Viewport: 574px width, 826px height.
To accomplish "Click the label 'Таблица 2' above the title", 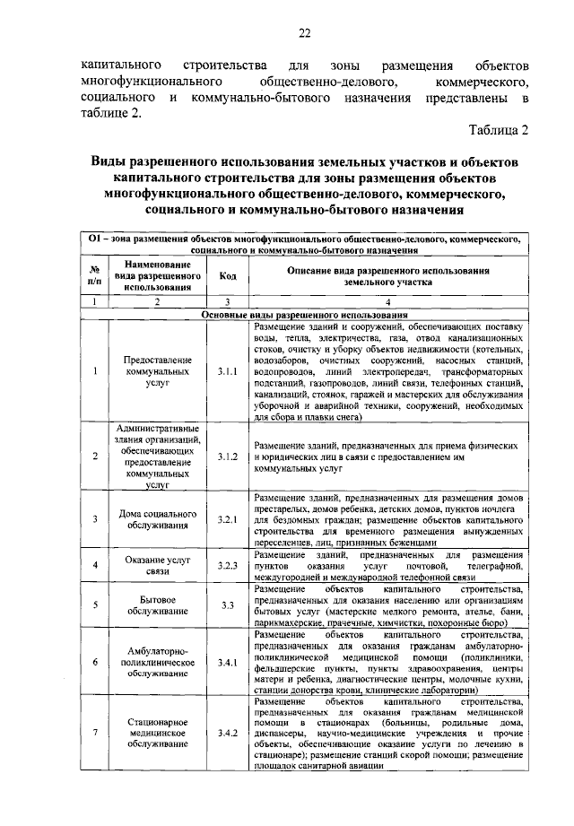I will point(499,130).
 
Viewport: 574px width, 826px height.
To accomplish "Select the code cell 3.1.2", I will point(227,456).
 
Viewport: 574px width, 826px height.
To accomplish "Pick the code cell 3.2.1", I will point(227,519).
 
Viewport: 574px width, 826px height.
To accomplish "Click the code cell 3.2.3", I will point(227,566).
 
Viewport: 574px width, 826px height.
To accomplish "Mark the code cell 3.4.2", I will point(227,733).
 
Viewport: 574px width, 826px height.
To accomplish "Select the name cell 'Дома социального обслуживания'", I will point(157,519).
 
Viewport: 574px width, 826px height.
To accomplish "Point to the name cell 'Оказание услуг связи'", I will point(157,566).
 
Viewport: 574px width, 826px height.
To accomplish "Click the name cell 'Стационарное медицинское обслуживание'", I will point(157,733).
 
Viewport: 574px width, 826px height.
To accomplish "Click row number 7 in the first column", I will point(94,733).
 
